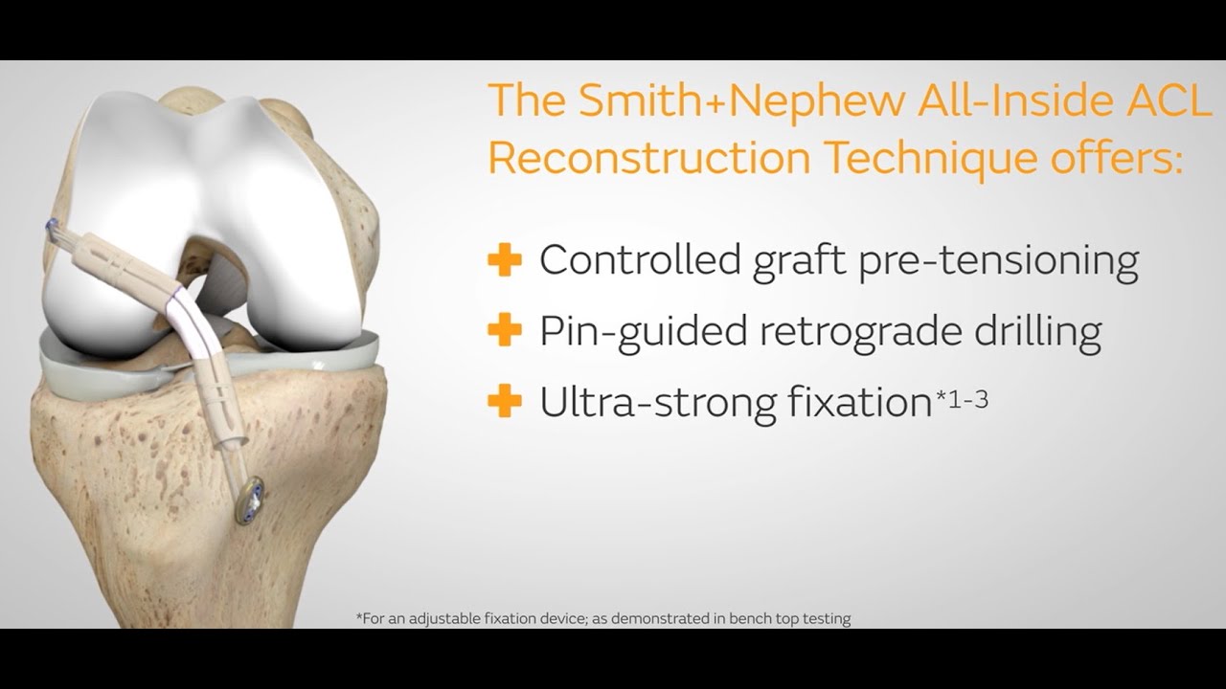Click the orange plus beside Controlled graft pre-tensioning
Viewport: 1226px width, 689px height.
tap(505, 259)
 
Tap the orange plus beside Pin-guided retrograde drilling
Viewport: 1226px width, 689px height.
tap(505, 331)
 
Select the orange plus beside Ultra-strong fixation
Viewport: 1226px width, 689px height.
tap(505, 402)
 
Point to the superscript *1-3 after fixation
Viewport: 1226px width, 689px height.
tap(961, 395)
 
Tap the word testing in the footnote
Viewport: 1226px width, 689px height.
tap(827, 618)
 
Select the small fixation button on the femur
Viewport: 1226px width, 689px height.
tap(50, 229)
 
